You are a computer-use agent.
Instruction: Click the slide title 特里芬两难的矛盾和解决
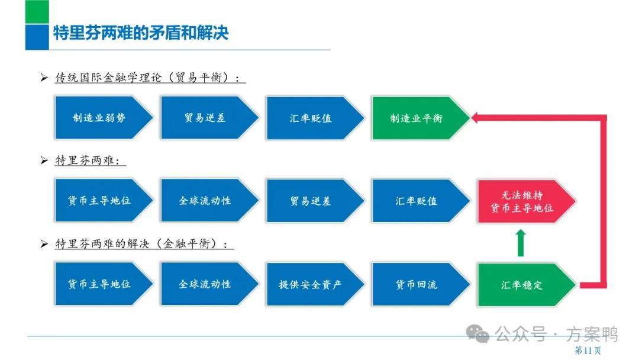point(141,33)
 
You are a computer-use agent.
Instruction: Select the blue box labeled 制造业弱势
point(104,118)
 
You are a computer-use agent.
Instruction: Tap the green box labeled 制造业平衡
point(421,118)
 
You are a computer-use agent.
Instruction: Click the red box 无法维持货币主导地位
point(527,201)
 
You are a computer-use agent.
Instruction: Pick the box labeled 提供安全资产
point(315,284)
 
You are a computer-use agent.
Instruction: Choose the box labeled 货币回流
point(421,284)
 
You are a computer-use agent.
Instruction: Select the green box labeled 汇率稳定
point(527,284)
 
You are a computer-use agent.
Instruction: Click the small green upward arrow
point(521,243)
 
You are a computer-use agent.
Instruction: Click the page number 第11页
point(588,350)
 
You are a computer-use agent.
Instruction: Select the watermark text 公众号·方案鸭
point(556,335)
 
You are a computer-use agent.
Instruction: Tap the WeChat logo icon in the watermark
point(477,333)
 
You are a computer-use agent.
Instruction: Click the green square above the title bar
point(37,12)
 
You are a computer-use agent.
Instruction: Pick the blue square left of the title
point(37,37)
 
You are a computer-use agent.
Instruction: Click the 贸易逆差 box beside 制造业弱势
point(209,118)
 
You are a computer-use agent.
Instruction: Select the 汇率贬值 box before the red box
point(421,201)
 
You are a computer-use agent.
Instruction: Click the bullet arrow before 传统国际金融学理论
point(44,78)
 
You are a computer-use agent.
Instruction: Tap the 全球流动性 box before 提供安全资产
point(209,284)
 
